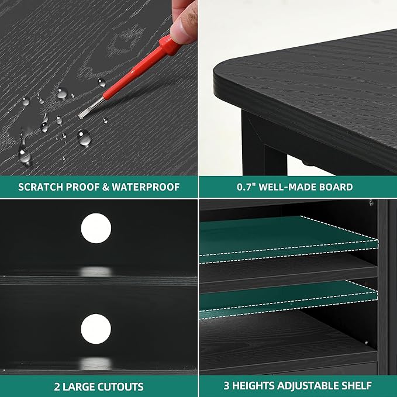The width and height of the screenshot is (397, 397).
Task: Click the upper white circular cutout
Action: click(x=96, y=228)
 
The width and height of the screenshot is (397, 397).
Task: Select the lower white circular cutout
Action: click(x=96, y=329)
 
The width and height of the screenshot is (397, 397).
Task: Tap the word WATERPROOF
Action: click(x=146, y=187)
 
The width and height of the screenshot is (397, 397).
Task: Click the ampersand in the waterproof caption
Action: click(x=106, y=187)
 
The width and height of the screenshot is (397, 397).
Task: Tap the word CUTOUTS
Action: click(x=120, y=386)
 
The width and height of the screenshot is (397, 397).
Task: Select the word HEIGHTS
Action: click(x=256, y=386)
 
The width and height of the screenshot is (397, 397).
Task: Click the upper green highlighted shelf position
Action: click(x=289, y=239)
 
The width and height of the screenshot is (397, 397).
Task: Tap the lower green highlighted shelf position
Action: click(x=289, y=299)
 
